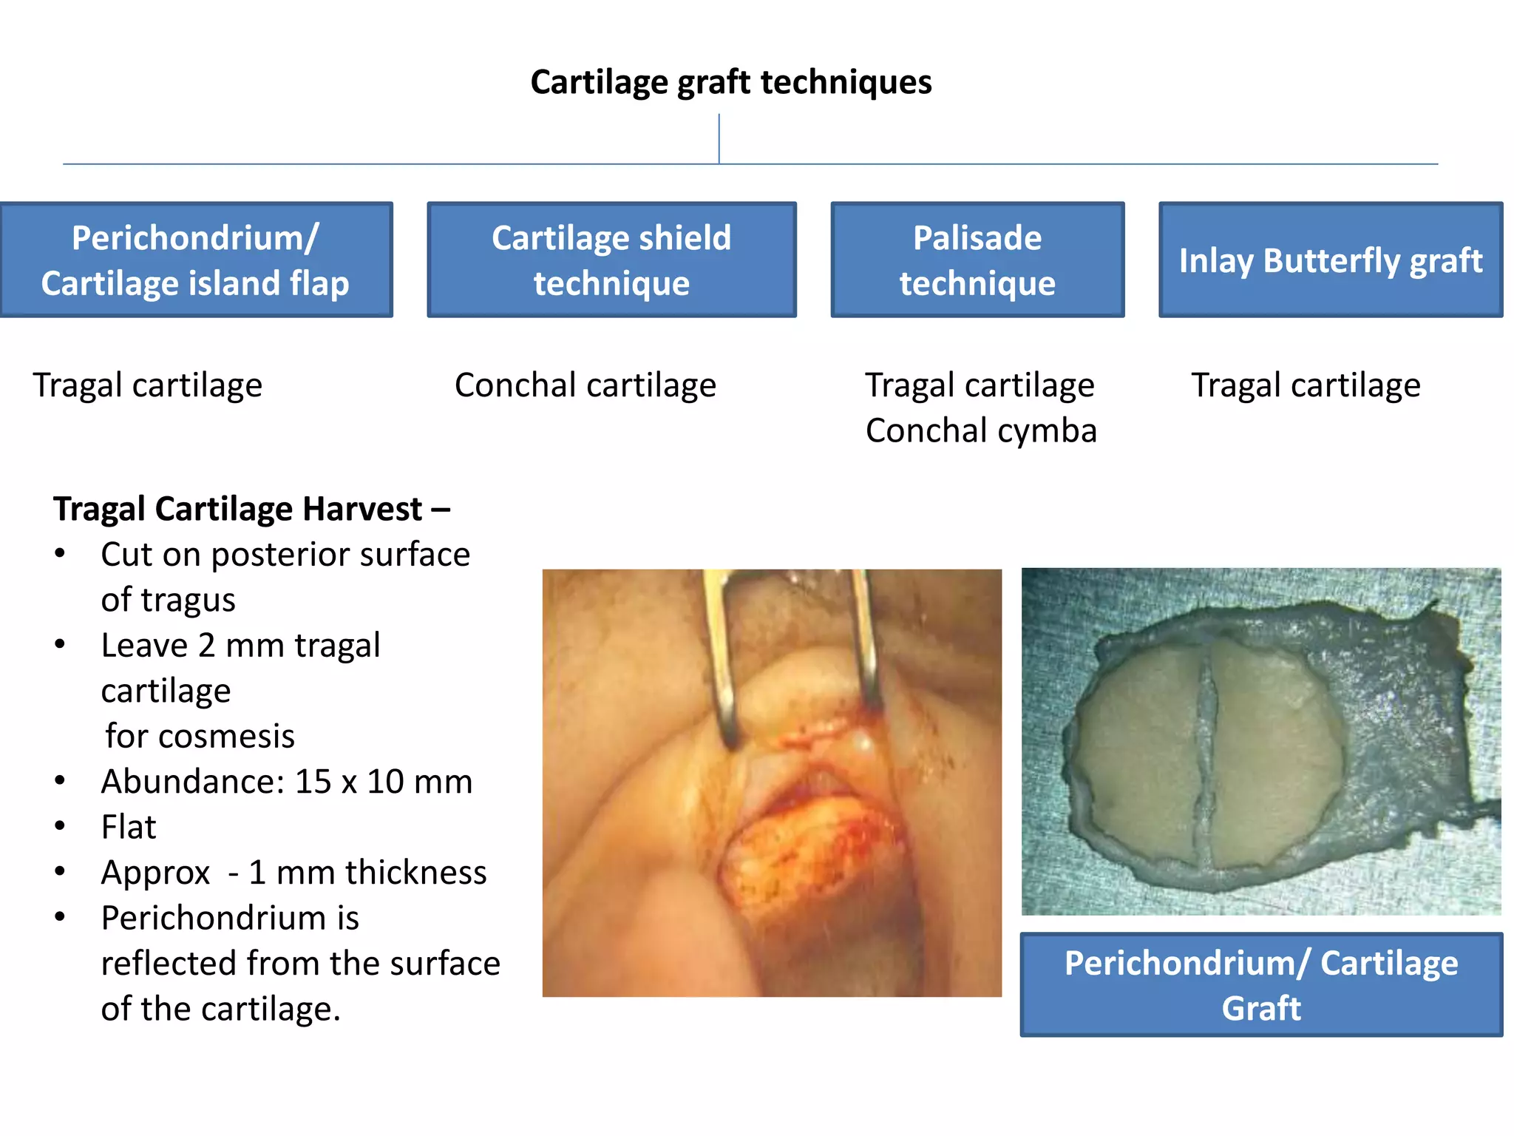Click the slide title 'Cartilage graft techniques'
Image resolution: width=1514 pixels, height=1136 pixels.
pyautogui.click(x=730, y=82)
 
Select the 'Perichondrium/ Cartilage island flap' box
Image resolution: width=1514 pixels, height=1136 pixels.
pyautogui.click(x=196, y=260)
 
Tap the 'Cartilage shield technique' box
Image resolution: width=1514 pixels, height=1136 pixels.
pyautogui.click(x=611, y=260)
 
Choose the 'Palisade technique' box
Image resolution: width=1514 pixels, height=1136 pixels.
pyautogui.click(x=977, y=260)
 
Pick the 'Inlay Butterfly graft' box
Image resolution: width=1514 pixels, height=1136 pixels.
pyautogui.click(x=1330, y=260)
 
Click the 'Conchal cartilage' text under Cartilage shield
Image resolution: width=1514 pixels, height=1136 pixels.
pyautogui.click(x=585, y=385)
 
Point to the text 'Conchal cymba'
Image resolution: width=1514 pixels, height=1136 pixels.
pyautogui.click(x=981, y=430)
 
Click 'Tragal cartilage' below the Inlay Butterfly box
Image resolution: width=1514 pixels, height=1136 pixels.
pyautogui.click(x=1306, y=385)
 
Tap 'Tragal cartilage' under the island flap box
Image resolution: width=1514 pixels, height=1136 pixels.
pyautogui.click(x=147, y=385)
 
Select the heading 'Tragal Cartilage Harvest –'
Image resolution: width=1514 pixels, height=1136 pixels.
pyautogui.click(x=251, y=509)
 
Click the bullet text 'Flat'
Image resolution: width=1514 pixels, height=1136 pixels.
pyautogui.click(x=129, y=827)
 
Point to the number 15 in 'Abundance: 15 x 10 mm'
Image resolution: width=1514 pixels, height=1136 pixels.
pyautogui.click(x=313, y=782)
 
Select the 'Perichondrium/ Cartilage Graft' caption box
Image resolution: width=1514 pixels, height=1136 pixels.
pyautogui.click(x=1260, y=984)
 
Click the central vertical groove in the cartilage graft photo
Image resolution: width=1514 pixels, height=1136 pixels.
pyautogui.click(x=1207, y=754)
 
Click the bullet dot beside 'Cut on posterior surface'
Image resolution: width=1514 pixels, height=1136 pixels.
pyautogui.click(x=61, y=554)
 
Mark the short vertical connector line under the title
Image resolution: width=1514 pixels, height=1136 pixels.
pyautogui.click(x=719, y=138)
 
